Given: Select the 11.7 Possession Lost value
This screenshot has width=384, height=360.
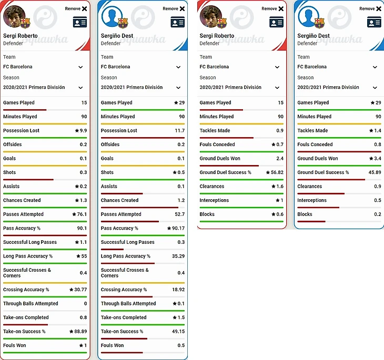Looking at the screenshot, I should [x=180, y=130].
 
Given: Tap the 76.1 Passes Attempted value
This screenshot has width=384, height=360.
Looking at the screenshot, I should [x=82, y=214].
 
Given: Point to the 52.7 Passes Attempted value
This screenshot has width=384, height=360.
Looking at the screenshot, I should [x=180, y=214].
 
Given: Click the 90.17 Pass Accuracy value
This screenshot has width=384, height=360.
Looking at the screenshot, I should [x=177, y=228].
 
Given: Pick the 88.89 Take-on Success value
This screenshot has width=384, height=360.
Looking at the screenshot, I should [x=80, y=332].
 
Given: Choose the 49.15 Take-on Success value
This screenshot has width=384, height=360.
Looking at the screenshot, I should [x=177, y=332].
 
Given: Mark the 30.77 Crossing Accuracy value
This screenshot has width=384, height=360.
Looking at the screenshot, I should [x=80, y=290].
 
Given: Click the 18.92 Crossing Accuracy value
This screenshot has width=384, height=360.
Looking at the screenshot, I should [x=177, y=290].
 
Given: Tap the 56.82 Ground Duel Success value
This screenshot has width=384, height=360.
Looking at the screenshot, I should [x=277, y=172].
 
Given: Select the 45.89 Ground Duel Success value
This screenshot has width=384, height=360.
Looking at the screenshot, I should [x=375, y=172].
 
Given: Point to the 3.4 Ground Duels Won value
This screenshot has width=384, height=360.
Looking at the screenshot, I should [x=377, y=158].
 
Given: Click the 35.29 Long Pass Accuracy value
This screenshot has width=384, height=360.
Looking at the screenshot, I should [x=177, y=256].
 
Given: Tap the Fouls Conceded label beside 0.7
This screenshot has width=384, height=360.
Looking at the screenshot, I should [x=217, y=145].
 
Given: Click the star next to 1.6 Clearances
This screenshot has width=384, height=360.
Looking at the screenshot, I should [x=274, y=186].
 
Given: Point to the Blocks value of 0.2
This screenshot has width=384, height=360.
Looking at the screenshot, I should [x=378, y=214].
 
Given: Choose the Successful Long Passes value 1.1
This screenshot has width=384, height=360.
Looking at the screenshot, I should [x=84, y=242].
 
